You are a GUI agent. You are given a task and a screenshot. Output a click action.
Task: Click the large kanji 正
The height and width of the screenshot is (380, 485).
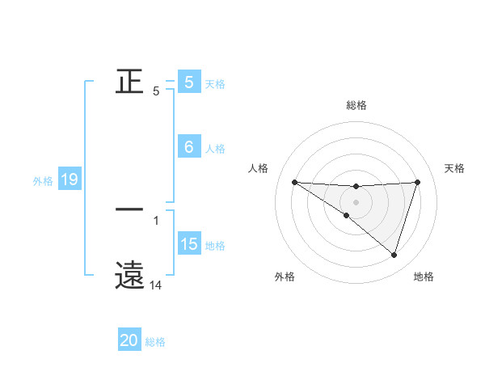(x=129, y=81)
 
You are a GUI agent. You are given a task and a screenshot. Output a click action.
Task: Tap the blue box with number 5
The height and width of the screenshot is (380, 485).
(x=189, y=82)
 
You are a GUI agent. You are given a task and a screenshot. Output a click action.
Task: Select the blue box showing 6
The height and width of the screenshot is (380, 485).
(x=189, y=147)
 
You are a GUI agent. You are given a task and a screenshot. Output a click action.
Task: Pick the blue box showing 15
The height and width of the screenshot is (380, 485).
(x=189, y=244)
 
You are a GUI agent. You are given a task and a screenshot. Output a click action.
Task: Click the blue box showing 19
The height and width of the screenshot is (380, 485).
(x=70, y=179)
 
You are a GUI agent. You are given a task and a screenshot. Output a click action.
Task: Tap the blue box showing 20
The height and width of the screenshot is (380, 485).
(x=129, y=341)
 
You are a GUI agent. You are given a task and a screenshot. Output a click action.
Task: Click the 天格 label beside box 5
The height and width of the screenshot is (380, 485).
(x=215, y=83)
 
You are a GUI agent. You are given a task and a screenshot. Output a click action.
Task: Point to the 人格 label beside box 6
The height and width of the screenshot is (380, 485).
(x=215, y=148)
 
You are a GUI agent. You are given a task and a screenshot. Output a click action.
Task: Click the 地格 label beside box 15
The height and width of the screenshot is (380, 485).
(x=215, y=245)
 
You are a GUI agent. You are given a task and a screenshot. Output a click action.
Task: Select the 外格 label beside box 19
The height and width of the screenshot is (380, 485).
(x=43, y=181)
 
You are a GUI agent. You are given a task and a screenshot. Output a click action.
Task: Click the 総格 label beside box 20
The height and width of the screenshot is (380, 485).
(x=155, y=342)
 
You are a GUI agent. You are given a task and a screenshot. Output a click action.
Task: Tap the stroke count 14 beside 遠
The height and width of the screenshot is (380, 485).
(x=156, y=285)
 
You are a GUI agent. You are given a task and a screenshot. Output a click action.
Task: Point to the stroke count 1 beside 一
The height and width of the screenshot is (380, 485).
(x=156, y=220)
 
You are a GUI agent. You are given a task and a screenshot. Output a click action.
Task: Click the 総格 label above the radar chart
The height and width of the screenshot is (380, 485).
(x=356, y=105)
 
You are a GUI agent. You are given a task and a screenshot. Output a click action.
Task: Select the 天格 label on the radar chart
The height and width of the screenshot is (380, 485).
(x=454, y=168)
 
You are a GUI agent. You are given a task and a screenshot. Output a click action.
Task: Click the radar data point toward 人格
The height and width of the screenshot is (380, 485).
(x=294, y=182)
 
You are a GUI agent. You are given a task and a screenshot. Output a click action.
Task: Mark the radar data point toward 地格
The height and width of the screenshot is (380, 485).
(x=394, y=255)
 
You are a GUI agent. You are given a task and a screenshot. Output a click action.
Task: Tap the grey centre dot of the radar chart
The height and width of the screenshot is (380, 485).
(x=356, y=201)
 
